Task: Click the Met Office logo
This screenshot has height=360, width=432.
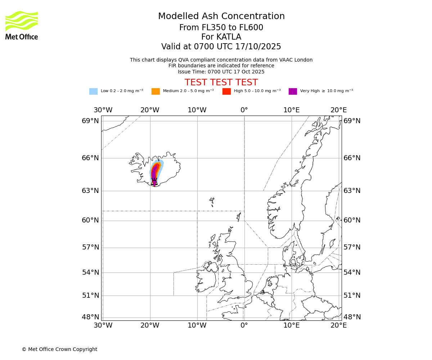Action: click(x=22, y=25)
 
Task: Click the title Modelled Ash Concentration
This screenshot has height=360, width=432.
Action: click(x=221, y=17)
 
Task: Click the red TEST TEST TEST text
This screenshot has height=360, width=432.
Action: click(x=221, y=82)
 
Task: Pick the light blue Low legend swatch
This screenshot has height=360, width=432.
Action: click(x=93, y=91)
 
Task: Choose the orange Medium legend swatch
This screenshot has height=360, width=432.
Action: click(x=156, y=91)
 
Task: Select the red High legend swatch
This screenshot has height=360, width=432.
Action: click(x=226, y=91)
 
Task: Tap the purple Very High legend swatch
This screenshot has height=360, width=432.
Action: click(x=293, y=91)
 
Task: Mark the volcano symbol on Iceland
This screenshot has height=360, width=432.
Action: click(x=154, y=181)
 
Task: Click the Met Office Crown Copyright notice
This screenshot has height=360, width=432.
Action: click(x=59, y=349)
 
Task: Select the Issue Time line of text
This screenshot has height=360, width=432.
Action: click(x=221, y=72)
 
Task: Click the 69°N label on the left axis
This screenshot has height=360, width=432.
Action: click(x=90, y=121)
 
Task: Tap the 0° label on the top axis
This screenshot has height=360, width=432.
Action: click(x=244, y=110)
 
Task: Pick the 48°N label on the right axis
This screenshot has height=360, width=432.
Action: click(x=352, y=317)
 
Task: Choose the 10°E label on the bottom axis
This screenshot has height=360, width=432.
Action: click(x=291, y=325)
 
